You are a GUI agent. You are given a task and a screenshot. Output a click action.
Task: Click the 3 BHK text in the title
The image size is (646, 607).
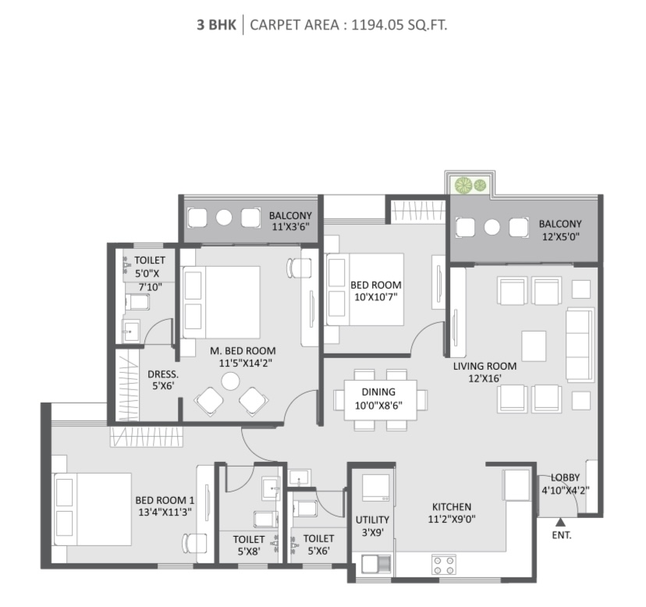(x=216, y=25)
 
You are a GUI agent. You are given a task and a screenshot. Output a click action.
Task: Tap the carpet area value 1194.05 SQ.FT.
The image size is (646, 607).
(x=399, y=25)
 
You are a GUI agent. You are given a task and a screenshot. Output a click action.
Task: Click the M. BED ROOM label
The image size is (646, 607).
(x=243, y=350)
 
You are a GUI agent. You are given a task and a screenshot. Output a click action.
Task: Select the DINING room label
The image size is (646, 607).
(x=378, y=392)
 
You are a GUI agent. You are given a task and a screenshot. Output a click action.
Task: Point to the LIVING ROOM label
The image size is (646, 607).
(x=484, y=366)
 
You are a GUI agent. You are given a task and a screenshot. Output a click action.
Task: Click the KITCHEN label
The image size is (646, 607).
(x=452, y=506)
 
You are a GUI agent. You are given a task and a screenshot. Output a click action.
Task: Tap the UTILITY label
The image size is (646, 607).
(x=372, y=520)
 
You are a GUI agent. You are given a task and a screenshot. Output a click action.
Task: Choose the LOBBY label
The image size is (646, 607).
(x=565, y=477)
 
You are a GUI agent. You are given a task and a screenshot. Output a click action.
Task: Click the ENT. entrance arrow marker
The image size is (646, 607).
(x=560, y=523)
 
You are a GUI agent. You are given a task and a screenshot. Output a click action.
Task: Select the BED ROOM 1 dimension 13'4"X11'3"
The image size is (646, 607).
(x=165, y=513)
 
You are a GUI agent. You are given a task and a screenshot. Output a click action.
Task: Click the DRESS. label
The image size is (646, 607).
(x=163, y=374)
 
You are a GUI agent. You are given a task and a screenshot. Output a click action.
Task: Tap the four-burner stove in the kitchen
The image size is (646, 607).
(x=444, y=565)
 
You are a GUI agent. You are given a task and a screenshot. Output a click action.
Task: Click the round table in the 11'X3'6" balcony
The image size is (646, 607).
(x=224, y=218)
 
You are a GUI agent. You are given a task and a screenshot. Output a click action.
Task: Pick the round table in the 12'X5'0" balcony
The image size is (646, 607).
(x=492, y=226)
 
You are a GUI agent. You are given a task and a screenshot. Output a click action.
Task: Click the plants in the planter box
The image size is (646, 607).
(x=470, y=185)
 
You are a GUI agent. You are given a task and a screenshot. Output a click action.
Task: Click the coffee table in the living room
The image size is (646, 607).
(x=534, y=346)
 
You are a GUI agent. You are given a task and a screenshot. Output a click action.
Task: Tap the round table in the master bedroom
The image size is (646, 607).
(x=230, y=382)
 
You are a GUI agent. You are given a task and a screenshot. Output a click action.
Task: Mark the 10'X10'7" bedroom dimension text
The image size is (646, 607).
(x=376, y=296)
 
